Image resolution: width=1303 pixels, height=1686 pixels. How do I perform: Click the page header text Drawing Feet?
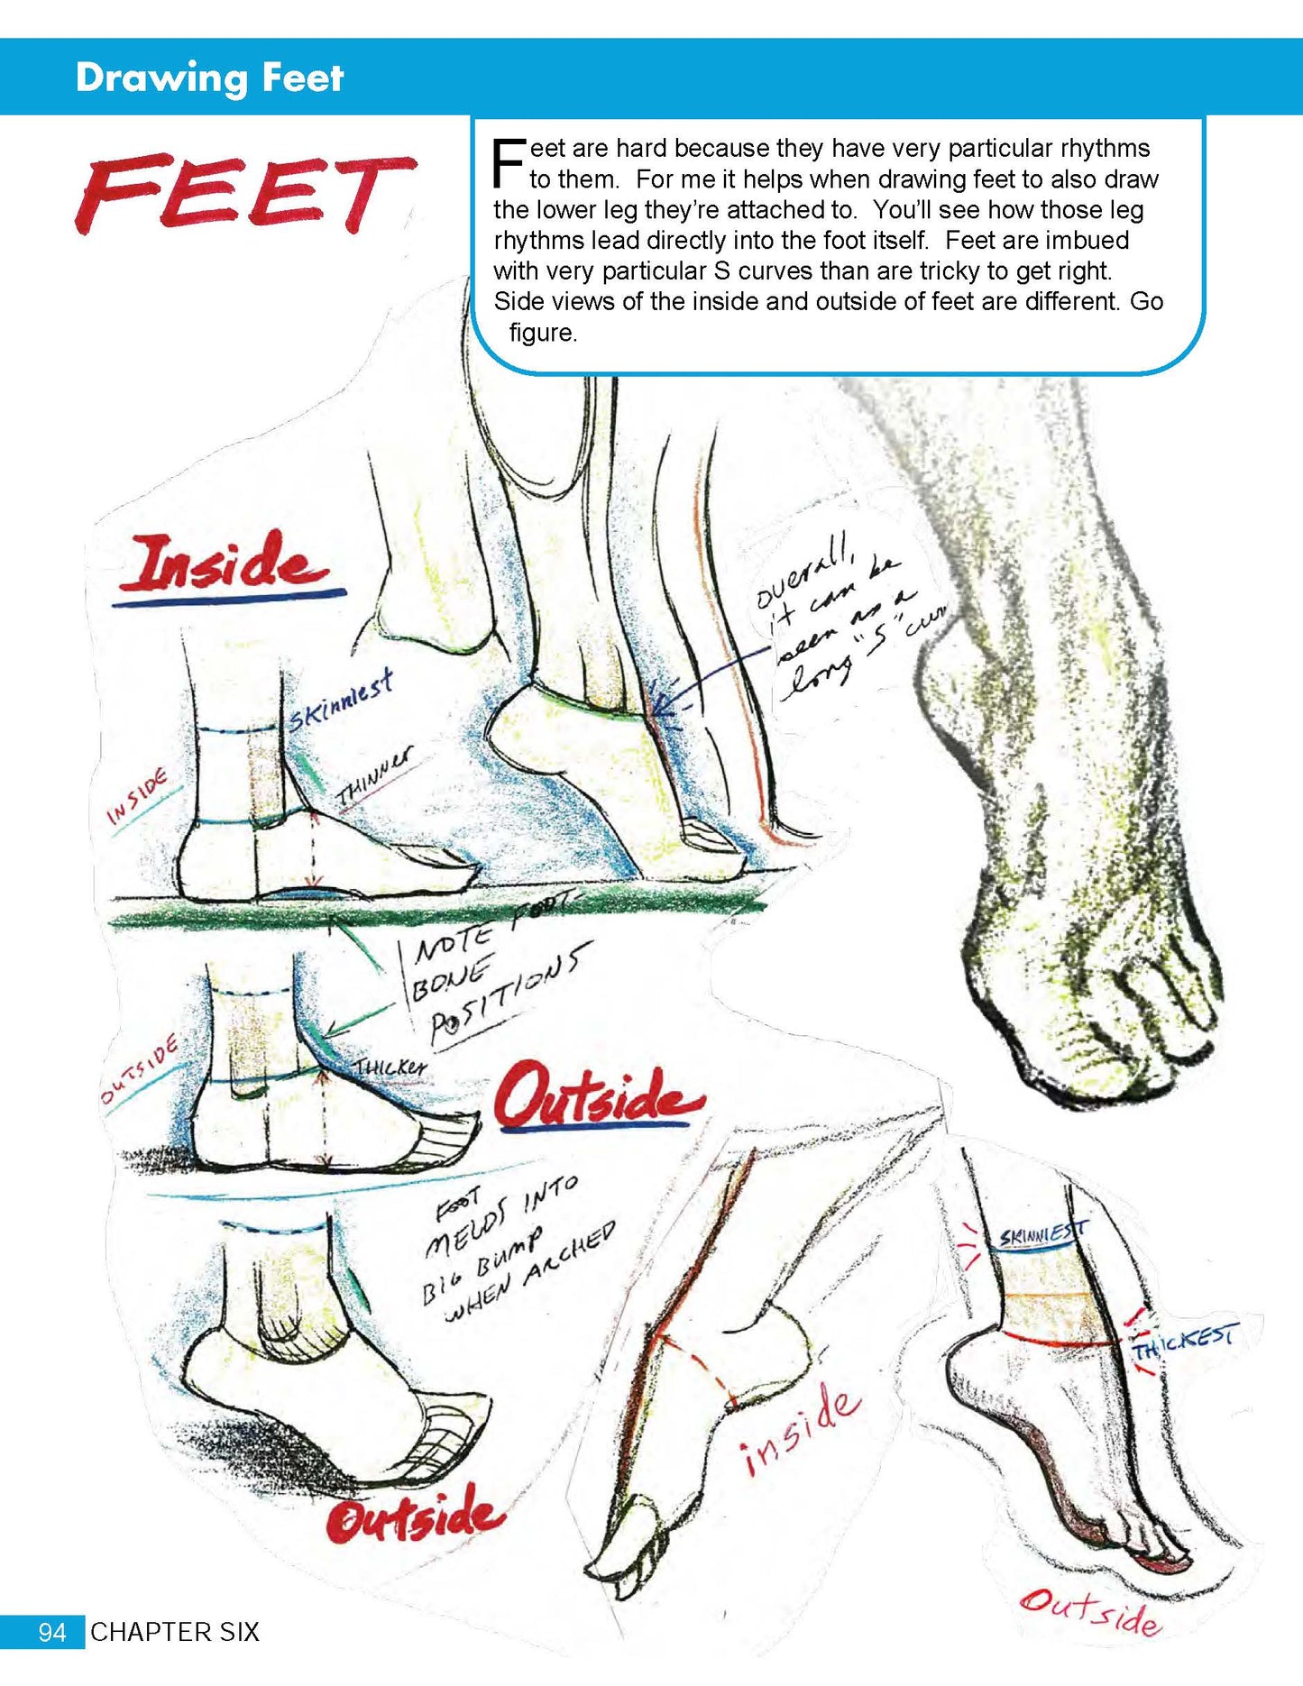(x=209, y=78)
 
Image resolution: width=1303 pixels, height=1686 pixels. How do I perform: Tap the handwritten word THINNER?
(x=374, y=777)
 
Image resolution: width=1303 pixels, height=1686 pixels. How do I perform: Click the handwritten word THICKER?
(x=390, y=1067)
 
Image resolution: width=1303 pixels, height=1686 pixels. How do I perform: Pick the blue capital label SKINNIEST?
(x=1043, y=1233)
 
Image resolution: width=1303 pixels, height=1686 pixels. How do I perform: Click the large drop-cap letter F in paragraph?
(x=509, y=162)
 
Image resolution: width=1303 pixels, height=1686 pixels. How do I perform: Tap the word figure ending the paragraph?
(x=543, y=333)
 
